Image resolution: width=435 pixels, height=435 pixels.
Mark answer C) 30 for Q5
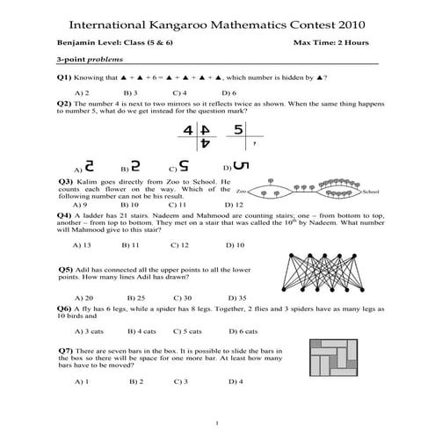[182, 297]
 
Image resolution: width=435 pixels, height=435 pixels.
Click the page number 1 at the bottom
[217, 422]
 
